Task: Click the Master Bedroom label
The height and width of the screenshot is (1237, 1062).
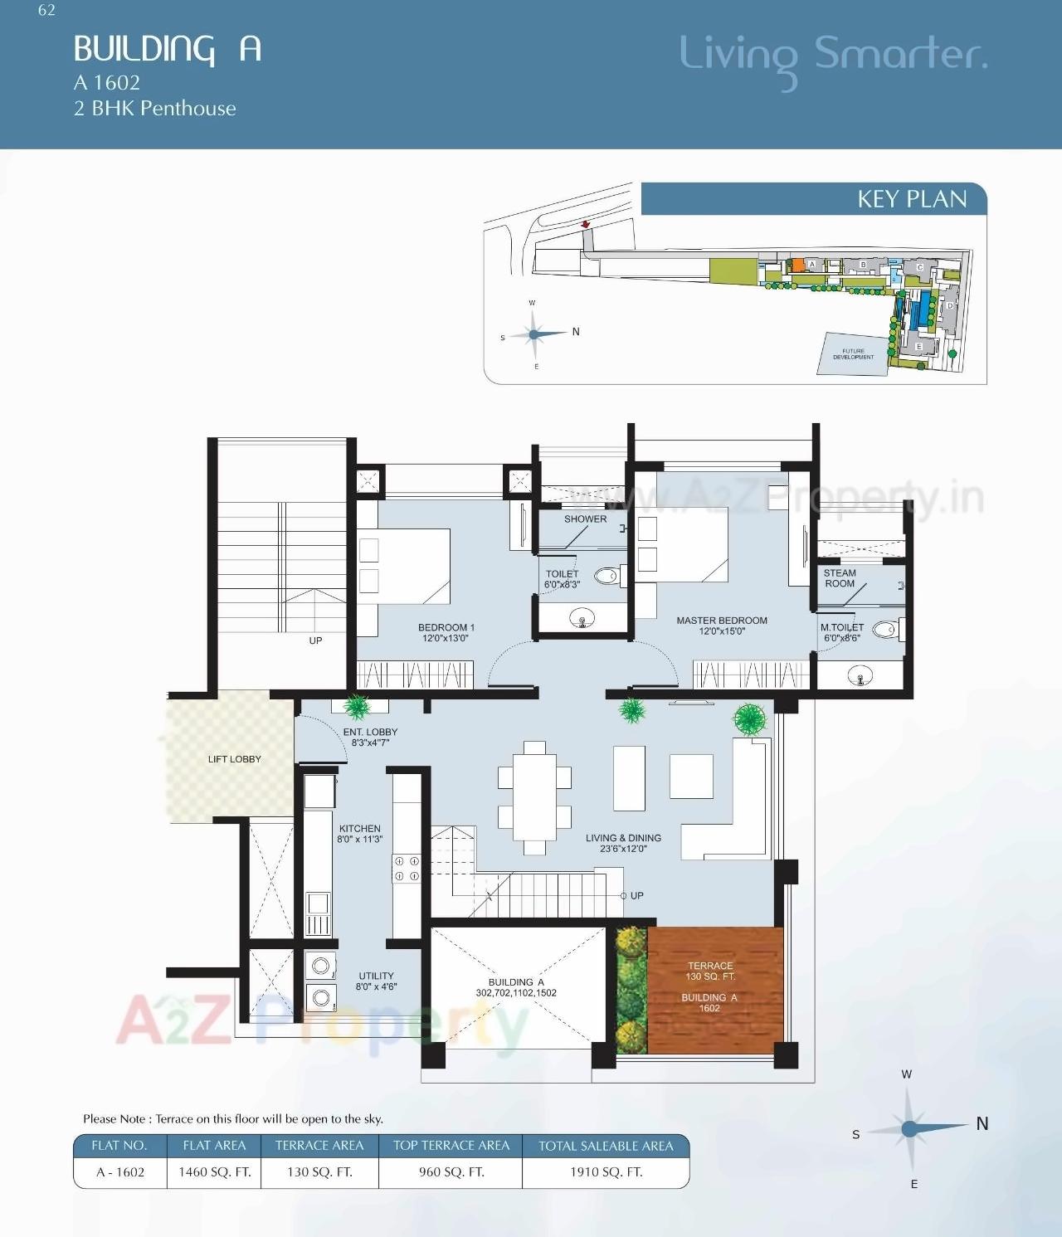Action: tap(721, 621)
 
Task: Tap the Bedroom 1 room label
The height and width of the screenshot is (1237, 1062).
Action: tap(446, 628)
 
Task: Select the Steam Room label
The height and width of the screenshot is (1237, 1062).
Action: tap(839, 578)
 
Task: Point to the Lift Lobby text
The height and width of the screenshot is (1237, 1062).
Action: tap(234, 759)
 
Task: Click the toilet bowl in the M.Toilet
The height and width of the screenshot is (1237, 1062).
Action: tap(884, 630)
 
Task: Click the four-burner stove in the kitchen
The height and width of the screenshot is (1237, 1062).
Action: tap(407, 869)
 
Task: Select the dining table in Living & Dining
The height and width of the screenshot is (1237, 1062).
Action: tap(534, 797)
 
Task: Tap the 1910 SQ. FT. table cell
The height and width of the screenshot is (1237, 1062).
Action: tap(606, 1172)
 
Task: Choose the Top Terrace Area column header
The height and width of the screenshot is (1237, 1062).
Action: tap(451, 1146)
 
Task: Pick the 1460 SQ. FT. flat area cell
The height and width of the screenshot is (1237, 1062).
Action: tap(214, 1172)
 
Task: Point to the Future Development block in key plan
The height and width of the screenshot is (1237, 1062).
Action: tap(852, 354)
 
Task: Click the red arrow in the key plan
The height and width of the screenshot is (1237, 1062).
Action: tap(585, 224)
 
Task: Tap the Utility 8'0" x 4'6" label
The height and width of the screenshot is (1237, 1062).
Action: tap(376, 981)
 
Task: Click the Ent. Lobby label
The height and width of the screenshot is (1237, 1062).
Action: tap(370, 737)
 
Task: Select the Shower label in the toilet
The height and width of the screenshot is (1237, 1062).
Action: tap(585, 519)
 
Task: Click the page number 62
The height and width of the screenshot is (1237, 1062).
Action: tap(46, 10)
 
